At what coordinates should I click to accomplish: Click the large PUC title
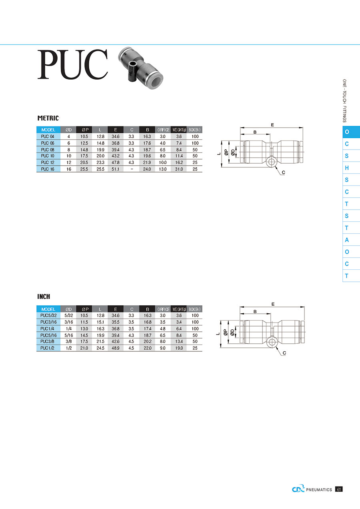point(73,64)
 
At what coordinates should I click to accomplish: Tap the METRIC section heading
point(48,118)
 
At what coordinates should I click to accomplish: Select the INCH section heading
point(44,297)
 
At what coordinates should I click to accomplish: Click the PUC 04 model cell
point(48,136)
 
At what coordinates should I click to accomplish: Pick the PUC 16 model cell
point(48,169)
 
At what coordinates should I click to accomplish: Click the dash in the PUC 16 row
point(132,169)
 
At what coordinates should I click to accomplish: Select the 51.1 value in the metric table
point(115,169)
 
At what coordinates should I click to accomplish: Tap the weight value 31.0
point(179,169)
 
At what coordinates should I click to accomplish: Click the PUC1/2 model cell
point(47,348)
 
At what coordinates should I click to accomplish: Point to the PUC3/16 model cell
point(48,322)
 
